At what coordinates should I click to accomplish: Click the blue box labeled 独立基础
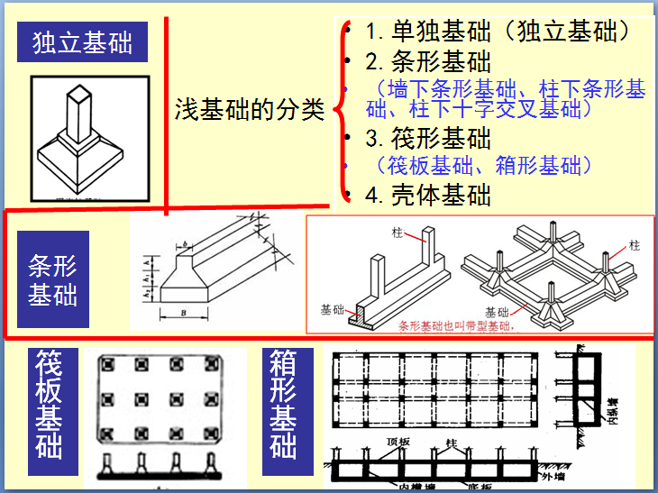[82, 41]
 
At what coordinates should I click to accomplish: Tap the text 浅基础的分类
[249, 110]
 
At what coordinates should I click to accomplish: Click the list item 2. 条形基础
[428, 61]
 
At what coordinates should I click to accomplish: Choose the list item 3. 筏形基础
[428, 138]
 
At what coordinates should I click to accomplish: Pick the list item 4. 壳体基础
[428, 193]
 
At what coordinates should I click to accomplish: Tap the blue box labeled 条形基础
[53, 279]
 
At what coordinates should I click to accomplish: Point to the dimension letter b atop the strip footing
[184, 244]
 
